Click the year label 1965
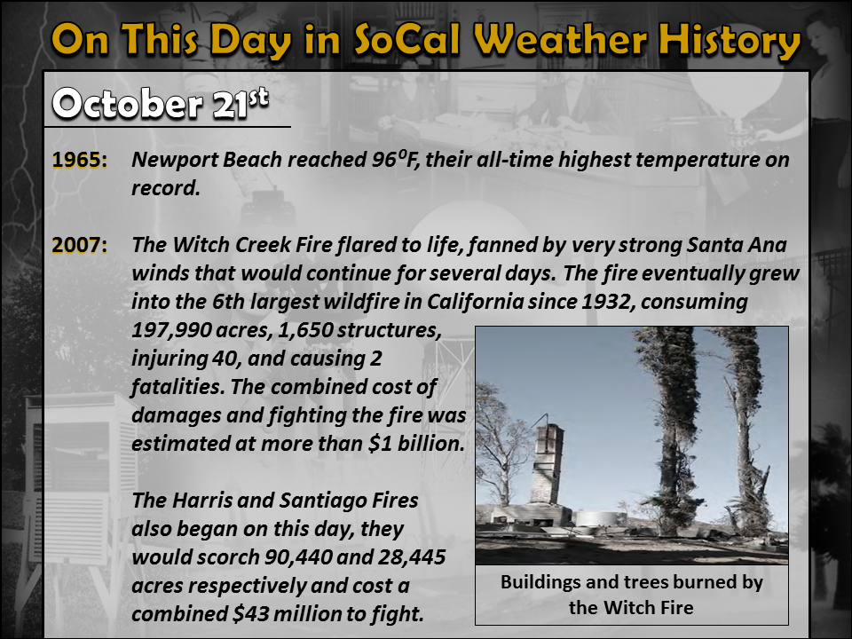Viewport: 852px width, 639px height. click(80, 161)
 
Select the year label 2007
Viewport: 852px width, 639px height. click(80, 245)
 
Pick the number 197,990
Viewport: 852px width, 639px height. click(171, 330)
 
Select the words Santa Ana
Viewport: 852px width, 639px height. click(737, 245)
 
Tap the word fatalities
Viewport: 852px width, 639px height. click(178, 387)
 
